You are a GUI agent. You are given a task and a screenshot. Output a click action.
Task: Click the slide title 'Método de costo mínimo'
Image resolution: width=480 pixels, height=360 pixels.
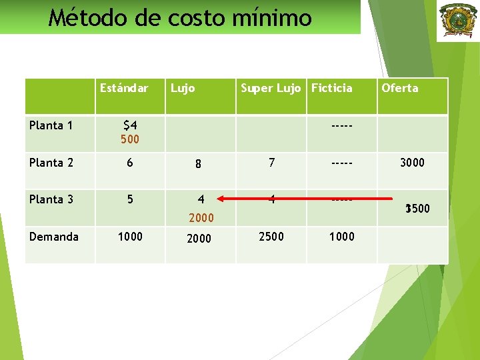[x=180, y=17]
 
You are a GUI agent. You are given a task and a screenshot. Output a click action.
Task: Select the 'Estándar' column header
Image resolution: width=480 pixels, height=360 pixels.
[x=124, y=88]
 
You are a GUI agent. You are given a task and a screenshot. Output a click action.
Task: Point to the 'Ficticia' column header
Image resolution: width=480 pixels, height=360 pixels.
[x=331, y=88]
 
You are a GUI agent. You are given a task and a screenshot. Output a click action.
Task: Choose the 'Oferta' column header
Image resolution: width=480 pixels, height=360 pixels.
[x=400, y=88]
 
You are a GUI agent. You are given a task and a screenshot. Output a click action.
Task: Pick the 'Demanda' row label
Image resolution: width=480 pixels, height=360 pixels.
[x=53, y=237]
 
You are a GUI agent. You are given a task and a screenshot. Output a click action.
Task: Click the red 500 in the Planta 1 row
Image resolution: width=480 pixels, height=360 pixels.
[x=130, y=139]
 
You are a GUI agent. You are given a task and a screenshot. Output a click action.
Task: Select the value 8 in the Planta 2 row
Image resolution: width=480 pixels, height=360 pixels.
[x=199, y=164]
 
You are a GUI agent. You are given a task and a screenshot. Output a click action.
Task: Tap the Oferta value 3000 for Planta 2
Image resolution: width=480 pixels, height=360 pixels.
[x=412, y=163]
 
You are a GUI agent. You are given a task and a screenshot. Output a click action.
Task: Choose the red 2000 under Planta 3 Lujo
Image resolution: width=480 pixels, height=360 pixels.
[x=201, y=217]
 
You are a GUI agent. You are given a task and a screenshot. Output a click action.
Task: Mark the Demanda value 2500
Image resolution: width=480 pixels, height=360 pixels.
[x=271, y=237]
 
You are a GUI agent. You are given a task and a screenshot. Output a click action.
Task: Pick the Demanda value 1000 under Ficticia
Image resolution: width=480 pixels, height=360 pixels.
[x=341, y=237]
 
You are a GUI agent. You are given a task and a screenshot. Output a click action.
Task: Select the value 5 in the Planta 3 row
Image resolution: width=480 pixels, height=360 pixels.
[x=130, y=199]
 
